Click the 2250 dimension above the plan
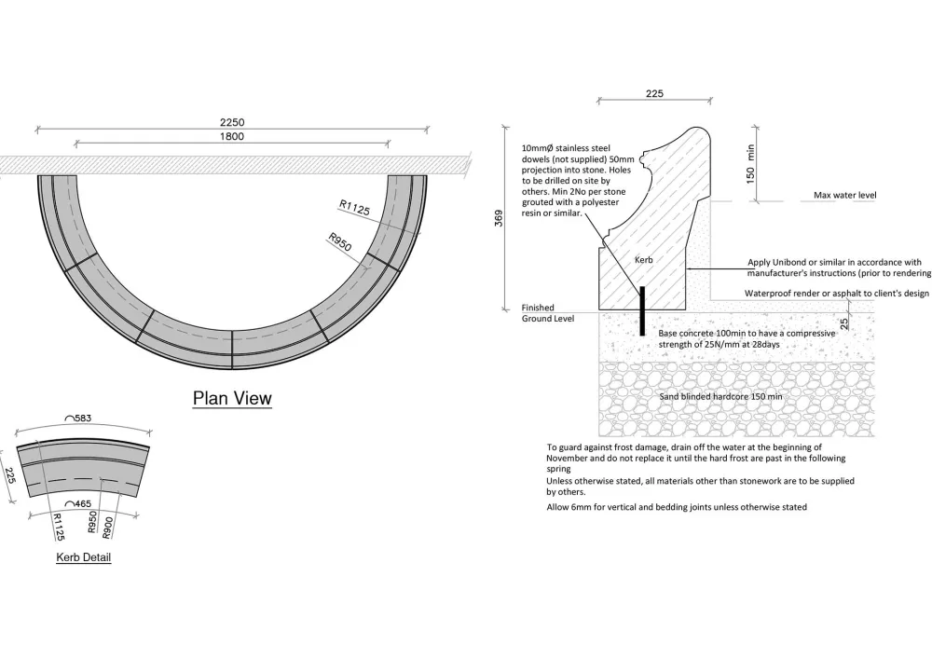(x=232, y=122)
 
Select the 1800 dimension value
(x=232, y=136)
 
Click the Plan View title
(x=232, y=398)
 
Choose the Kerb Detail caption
(x=85, y=557)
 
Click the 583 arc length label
(x=85, y=419)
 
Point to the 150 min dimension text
(x=751, y=164)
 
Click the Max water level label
(x=845, y=196)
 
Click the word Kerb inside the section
(x=644, y=260)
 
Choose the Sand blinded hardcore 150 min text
(x=721, y=396)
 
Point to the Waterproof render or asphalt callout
(x=836, y=293)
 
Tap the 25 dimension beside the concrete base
(x=843, y=324)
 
